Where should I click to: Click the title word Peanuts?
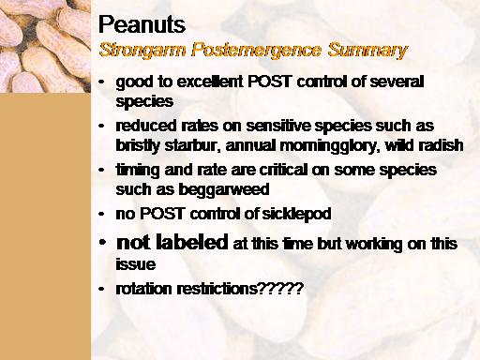[142, 24]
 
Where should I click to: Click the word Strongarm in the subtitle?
[142, 51]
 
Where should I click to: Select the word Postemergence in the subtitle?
[256, 50]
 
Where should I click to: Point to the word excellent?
[210, 82]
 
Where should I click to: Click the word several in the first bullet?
[397, 82]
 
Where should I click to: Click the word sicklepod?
[296, 215]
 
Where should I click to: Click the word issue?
[136, 264]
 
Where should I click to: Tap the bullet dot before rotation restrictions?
[101, 289]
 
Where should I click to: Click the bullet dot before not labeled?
[102, 242]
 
